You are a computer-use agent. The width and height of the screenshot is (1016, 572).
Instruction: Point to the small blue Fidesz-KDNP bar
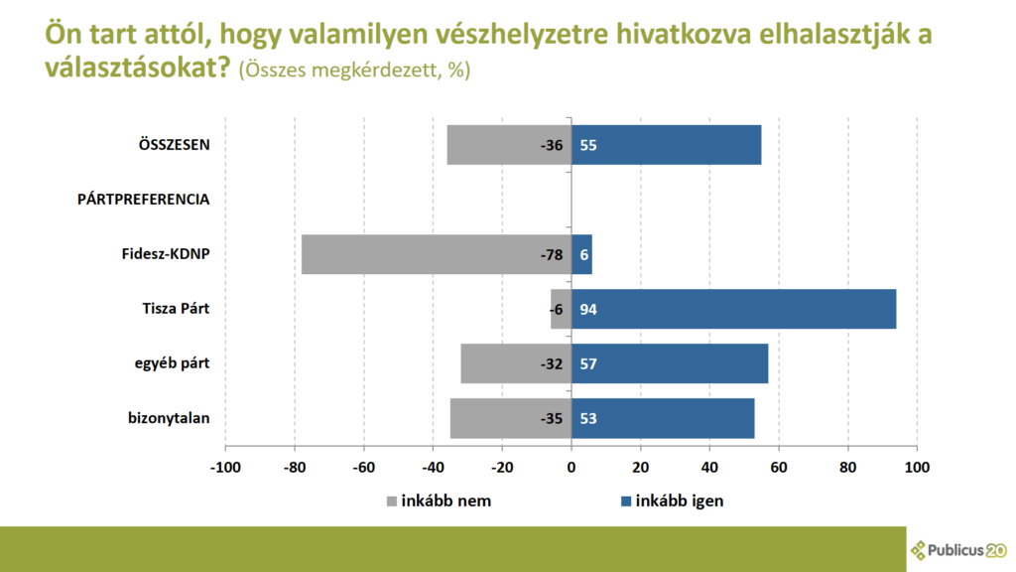click(x=582, y=254)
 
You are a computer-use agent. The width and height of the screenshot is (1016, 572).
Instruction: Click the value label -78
click(x=552, y=254)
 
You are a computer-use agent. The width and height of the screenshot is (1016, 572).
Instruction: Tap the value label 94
click(x=588, y=309)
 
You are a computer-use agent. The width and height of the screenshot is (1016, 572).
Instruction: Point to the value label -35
click(x=552, y=418)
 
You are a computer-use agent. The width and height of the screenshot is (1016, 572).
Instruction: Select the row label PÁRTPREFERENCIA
click(x=143, y=200)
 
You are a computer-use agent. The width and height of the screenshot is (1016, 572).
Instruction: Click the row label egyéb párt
click(x=172, y=363)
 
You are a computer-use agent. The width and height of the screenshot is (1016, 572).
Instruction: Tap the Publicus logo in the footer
click(x=958, y=549)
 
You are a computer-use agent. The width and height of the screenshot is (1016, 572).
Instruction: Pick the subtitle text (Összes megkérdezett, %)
click(x=354, y=71)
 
